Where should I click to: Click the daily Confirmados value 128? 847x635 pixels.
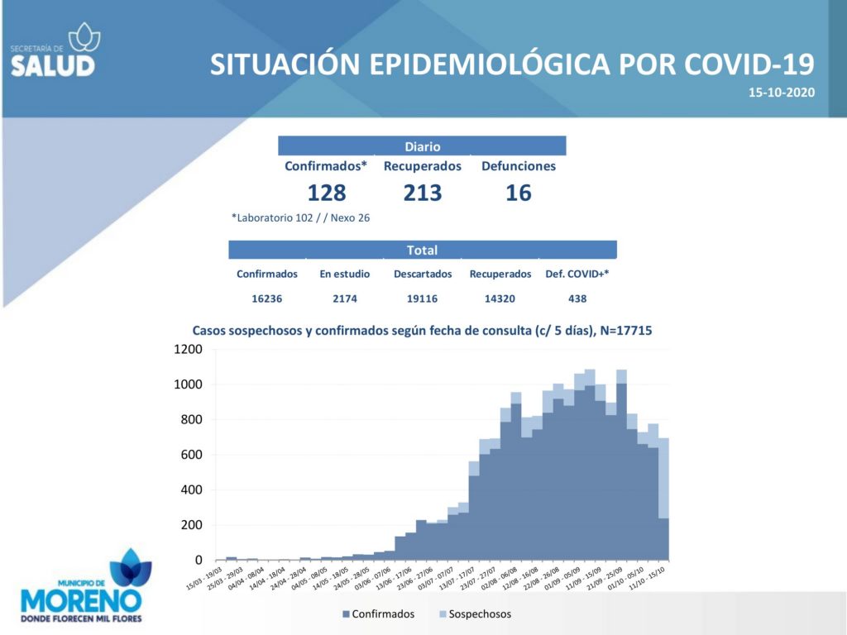click(326, 193)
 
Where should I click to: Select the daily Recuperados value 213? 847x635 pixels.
click(423, 193)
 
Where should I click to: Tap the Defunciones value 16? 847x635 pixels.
click(519, 193)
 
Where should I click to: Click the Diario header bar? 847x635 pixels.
click(422, 146)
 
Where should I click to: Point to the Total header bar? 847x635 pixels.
click(422, 250)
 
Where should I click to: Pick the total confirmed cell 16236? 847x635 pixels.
click(266, 298)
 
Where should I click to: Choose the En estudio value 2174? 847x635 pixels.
click(345, 298)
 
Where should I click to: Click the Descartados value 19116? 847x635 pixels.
click(422, 298)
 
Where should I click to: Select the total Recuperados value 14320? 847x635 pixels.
click(500, 298)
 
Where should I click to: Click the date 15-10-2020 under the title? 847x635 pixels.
click(782, 93)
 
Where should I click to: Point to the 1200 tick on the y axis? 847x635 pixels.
click(188, 350)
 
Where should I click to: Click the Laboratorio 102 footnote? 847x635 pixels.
click(300, 218)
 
